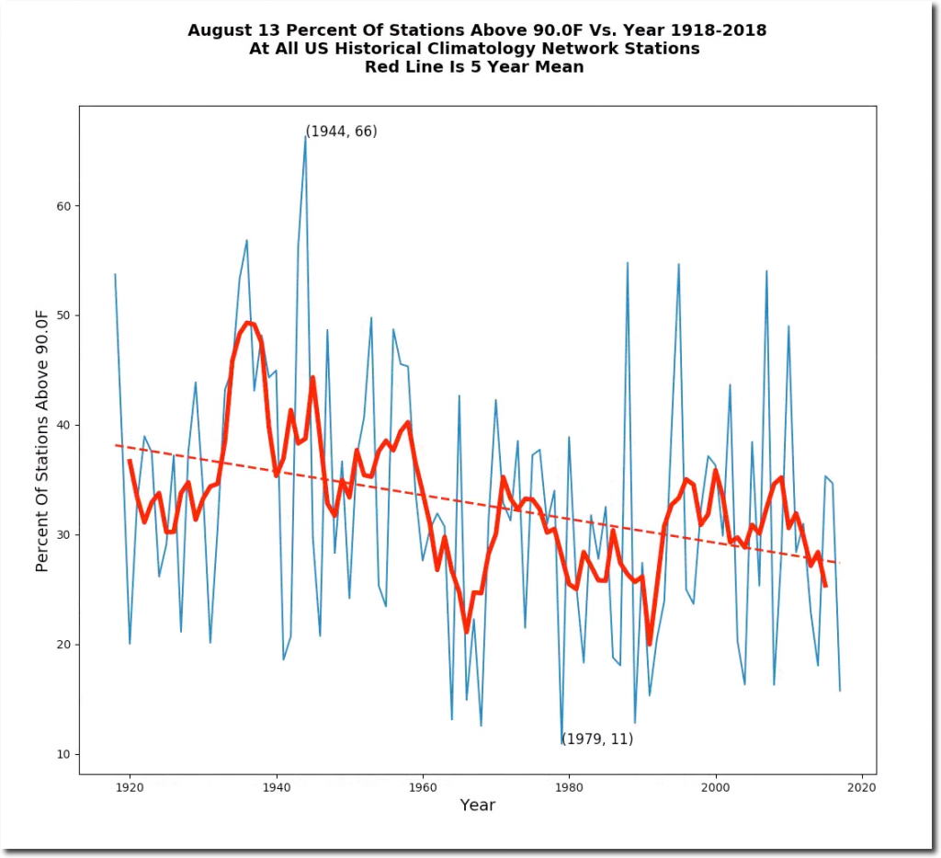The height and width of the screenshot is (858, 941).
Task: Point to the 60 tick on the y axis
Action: point(79,206)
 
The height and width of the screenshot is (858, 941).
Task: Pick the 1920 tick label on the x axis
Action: point(130,788)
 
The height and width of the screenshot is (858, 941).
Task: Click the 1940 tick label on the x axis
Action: point(276,788)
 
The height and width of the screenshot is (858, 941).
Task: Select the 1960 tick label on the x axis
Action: point(423,788)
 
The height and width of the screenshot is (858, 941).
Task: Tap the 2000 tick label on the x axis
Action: point(715,788)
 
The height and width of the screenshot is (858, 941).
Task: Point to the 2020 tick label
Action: point(861,788)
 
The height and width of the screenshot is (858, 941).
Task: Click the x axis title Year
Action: point(477,806)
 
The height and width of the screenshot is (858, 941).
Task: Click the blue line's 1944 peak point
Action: point(305,136)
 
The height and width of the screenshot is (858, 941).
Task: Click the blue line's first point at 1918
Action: point(115,274)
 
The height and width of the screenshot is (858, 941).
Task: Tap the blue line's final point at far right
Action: point(840,691)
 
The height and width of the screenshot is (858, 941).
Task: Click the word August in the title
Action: point(218,30)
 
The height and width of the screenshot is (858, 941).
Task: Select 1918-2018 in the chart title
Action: point(720,30)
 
